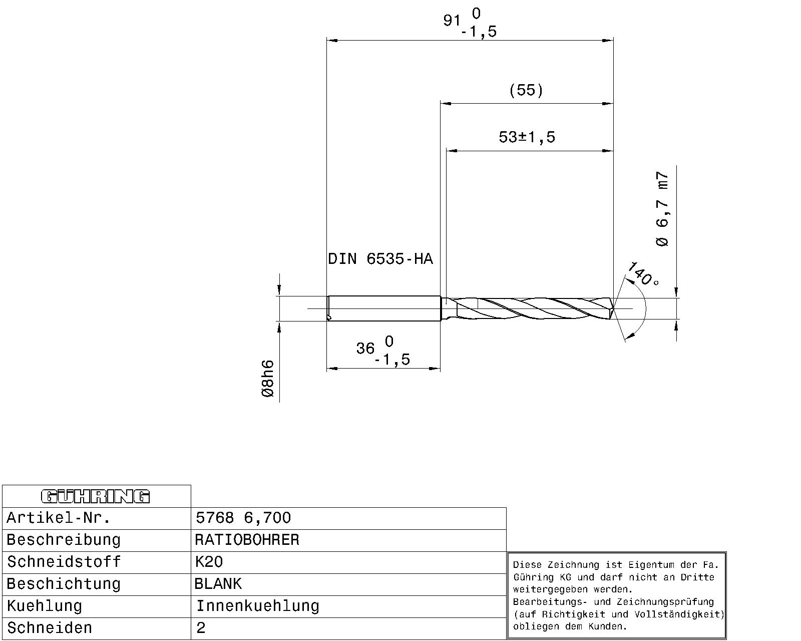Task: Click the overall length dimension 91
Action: coord(452,21)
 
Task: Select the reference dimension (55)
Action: coord(526,90)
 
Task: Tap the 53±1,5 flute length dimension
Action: coord(527,137)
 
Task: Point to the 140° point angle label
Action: coord(642,274)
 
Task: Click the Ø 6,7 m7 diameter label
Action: coord(662,209)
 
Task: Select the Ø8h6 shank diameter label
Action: coord(268,379)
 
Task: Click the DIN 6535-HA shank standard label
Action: coord(380,259)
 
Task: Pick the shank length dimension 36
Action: coord(366,348)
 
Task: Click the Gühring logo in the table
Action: coord(96,496)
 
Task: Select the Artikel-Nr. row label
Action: coord(59,518)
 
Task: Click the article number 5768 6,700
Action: coord(243,518)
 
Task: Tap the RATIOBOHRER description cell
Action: coord(247,540)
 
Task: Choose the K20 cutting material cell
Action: coord(209,562)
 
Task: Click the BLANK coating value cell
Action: coord(218,584)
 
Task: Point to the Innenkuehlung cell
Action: coord(257,606)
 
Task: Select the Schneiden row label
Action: coord(50,628)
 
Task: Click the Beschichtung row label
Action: coord(64,584)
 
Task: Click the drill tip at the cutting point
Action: coord(612,308)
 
